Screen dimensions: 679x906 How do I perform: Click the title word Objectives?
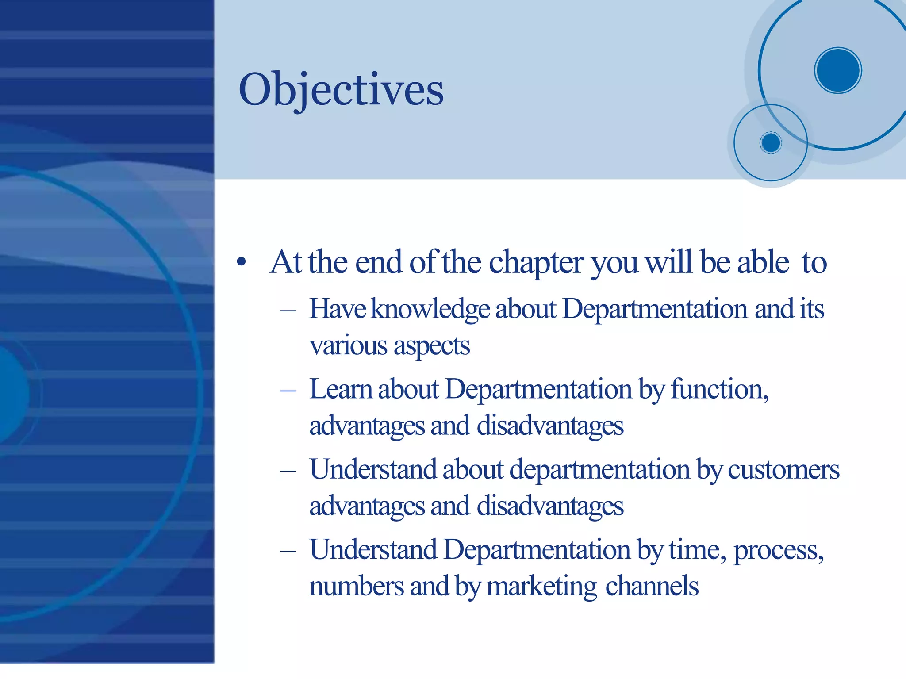[341, 90]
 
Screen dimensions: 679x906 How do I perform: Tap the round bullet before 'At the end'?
[241, 262]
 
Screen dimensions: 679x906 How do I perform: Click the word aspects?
[431, 346]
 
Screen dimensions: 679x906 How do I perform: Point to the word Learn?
[340, 389]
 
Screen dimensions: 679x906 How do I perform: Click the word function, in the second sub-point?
[719, 389]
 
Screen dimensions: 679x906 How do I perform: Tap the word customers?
[783, 470]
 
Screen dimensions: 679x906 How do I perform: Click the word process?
[779, 551]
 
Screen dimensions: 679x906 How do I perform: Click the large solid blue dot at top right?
[837, 70]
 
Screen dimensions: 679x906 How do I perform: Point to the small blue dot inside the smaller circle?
[771, 143]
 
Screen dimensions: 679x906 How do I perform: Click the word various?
[348, 345]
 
